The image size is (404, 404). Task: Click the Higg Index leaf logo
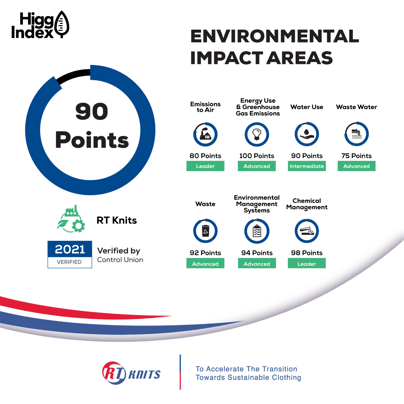pyautogui.click(x=62, y=24)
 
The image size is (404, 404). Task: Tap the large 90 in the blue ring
pyautogui.click(x=92, y=111)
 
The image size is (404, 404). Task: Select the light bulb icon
pyautogui.click(x=257, y=134)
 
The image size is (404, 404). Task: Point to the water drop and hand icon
pyautogui.click(x=307, y=135)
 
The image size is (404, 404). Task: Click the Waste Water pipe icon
pyautogui.click(x=357, y=134)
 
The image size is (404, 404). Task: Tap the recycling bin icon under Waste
pyautogui.click(x=205, y=231)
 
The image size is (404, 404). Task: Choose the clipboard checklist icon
pyautogui.click(x=257, y=231)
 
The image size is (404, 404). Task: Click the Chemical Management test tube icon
pyautogui.click(x=307, y=231)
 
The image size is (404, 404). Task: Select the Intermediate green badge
pyautogui.click(x=307, y=166)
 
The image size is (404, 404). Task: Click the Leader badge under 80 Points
pyautogui.click(x=205, y=166)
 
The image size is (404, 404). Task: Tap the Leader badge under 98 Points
pyautogui.click(x=307, y=263)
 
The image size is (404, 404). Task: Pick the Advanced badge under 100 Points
pyautogui.click(x=257, y=166)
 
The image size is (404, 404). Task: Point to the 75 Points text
pyautogui.click(x=357, y=156)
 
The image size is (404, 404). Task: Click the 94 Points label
pyautogui.click(x=257, y=253)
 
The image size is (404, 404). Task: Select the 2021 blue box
pyautogui.click(x=70, y=249)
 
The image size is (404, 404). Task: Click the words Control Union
pyautogui.click(x=120, y=260)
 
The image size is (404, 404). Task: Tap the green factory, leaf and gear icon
pyautogui.click(x=71, y=219)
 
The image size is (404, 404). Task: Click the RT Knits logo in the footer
pyautogui.click(x=131, y=373)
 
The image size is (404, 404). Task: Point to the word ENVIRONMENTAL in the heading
pyautogui.click(x=275, y=36)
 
